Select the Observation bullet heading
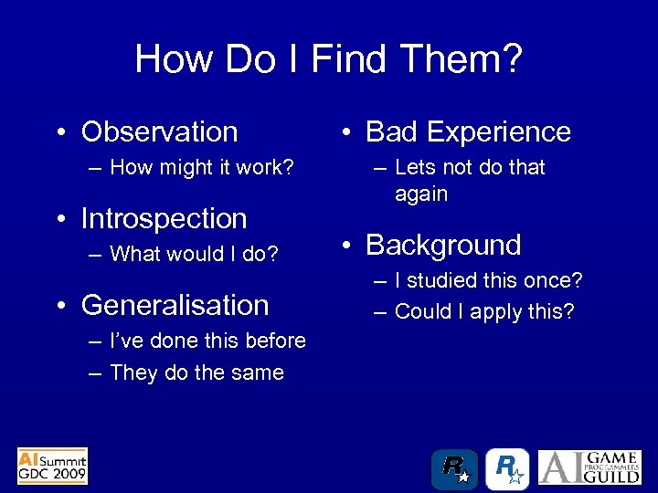click(159, 131)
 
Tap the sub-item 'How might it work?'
click(201, 167)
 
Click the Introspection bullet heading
click(164, 218)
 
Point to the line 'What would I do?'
click(194, 254)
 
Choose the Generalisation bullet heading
click(175, 305)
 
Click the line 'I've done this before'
click(207, 341)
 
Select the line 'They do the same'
click(196, 372)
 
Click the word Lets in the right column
click(416, 167)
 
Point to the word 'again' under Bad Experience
click(421, 194)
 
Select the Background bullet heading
click(443, 245)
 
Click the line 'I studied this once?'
click(488, 280)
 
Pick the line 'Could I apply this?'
click(484, 311)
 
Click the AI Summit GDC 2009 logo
click(53, 466)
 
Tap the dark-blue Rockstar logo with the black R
click(455, 469)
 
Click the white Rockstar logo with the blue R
click(507, 469)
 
